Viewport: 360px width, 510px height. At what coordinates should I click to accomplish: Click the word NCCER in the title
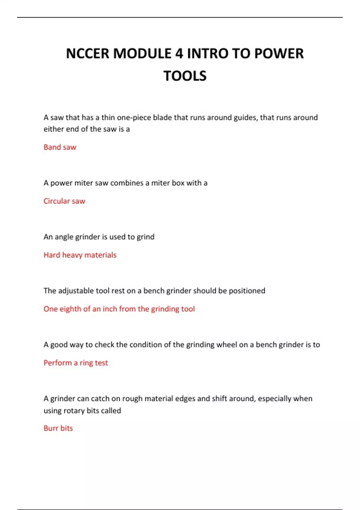tap(87, 54)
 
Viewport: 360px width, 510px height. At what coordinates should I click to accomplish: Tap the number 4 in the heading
tap(179, 54)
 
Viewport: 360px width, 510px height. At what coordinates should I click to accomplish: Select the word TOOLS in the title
tap(185, 76)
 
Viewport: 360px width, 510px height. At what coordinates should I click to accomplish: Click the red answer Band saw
tap(60, 147)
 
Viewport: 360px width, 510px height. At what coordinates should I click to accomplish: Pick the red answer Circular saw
tap(64, 201)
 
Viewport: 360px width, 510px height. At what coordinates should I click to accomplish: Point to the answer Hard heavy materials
tap(80, 255)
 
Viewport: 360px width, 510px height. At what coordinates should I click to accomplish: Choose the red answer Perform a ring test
tap(76, 363)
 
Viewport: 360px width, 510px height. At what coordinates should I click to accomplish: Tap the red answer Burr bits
tap(58, 428)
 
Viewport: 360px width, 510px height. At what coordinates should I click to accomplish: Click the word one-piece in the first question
tap(134, 118)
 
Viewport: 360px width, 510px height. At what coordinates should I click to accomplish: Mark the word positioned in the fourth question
tap(247, 291)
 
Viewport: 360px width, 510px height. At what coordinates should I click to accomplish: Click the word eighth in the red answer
tap(70, 309)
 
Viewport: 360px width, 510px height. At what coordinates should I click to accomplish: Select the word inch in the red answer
tap(110, 309)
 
